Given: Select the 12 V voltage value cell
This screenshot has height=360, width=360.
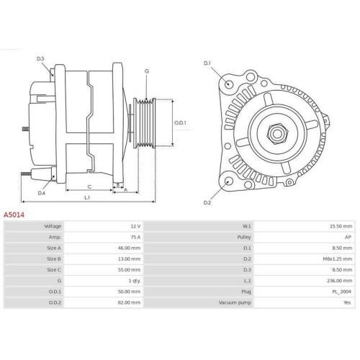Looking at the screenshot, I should [133, 225].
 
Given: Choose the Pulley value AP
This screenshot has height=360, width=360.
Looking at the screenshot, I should [348, 236].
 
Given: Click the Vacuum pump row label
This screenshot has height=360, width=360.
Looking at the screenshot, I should [235, 302].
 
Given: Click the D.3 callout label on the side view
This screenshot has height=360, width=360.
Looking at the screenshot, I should [41, 58].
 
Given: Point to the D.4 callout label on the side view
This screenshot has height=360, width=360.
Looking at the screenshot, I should [41, 193].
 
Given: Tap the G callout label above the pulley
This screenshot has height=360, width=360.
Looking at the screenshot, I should [147, 71].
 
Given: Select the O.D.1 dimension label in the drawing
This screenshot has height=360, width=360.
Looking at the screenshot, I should [181, 122].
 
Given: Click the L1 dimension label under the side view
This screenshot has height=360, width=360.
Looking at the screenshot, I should [86, 197].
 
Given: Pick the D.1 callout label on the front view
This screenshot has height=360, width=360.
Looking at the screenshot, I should [207, 64].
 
